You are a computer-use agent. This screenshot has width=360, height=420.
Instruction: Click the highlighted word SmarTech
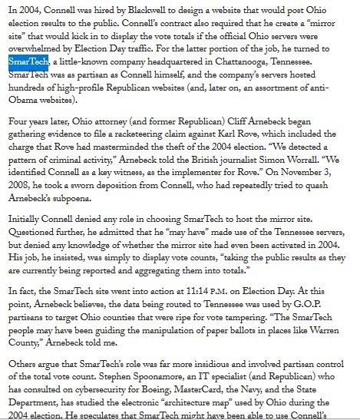[x=29, y=61]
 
